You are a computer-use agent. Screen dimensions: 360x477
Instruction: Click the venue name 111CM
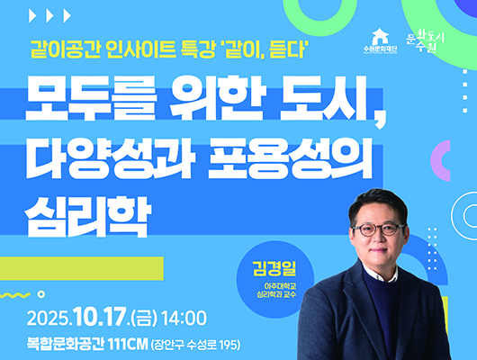pos(127,342)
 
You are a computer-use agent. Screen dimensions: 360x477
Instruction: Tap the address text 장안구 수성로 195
pos(192,343)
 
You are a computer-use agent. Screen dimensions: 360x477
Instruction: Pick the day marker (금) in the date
pos(144,318)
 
